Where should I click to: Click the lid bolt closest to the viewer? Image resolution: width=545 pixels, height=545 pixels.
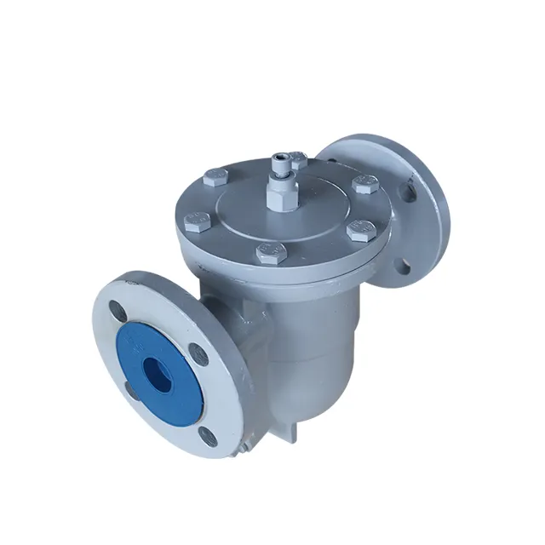(x=268, y=254)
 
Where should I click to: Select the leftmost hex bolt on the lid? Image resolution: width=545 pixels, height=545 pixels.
(x=196, y=224)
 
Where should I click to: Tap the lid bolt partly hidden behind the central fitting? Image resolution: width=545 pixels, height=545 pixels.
(x=297, y=158)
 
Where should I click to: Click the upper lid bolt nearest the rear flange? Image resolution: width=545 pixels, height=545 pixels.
(x=365, y=185)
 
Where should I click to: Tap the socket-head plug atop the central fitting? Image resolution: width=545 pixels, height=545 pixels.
(x=281, y=159)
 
